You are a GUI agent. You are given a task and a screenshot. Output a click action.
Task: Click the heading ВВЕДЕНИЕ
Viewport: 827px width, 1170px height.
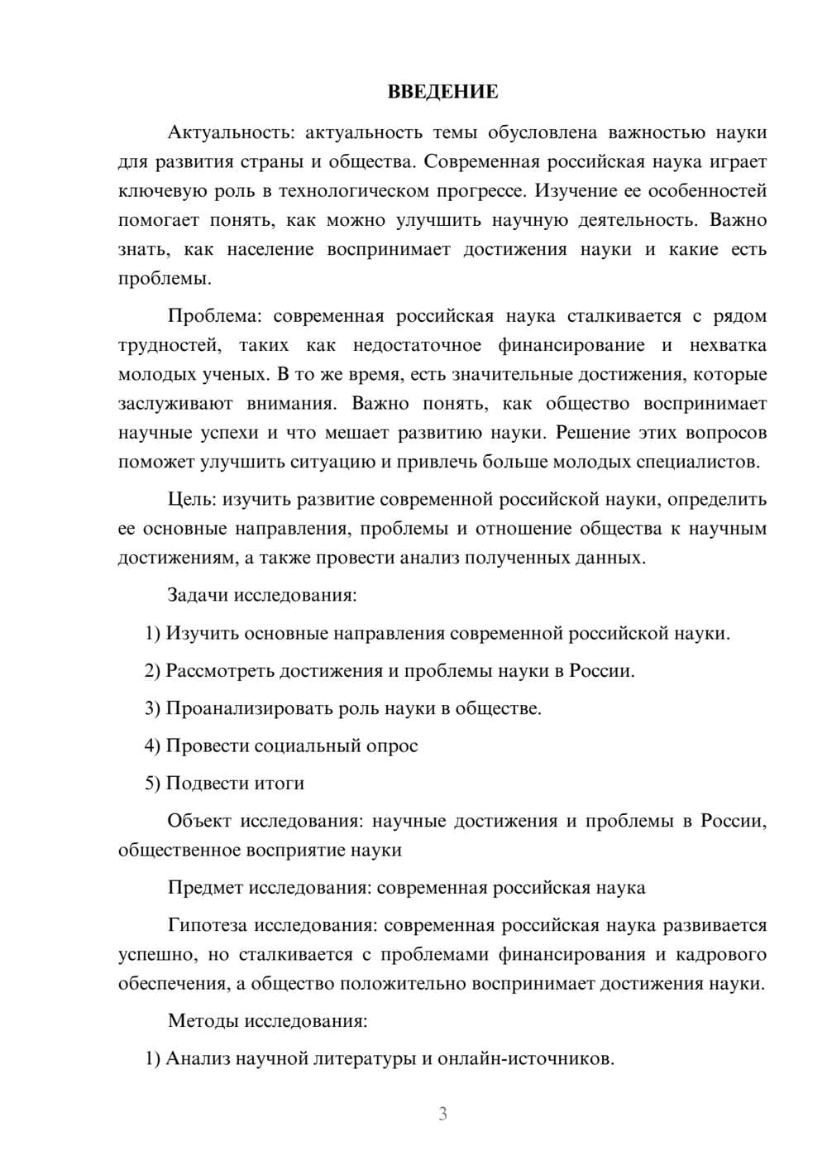(442, 92)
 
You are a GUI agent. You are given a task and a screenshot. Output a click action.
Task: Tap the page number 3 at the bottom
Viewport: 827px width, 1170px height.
(442, 1114)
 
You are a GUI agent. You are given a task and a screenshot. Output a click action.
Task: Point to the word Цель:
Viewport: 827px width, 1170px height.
(192, 500)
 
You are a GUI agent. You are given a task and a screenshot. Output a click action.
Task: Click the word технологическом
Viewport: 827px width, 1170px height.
(348, 191)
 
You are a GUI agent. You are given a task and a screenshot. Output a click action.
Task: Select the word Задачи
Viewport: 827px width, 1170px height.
(198, 595)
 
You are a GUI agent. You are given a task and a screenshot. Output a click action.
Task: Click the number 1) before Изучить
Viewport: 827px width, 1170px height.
(152, 634)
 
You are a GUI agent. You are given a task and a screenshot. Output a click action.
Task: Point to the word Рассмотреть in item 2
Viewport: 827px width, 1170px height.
(220, 671)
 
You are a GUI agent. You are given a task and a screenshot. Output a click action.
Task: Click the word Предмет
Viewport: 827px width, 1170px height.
(206, 888)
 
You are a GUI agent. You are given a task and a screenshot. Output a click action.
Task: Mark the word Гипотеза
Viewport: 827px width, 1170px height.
(208, 925)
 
